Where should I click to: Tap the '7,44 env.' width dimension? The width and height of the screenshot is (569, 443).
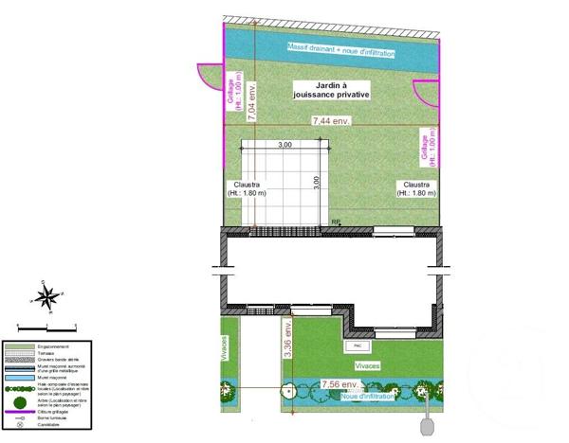(332, 121)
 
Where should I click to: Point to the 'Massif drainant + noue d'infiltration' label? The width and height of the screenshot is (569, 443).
(341, 48)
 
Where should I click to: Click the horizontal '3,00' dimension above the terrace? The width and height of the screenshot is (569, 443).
(284, 146)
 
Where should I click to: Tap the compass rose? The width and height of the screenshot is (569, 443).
(46, 295)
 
